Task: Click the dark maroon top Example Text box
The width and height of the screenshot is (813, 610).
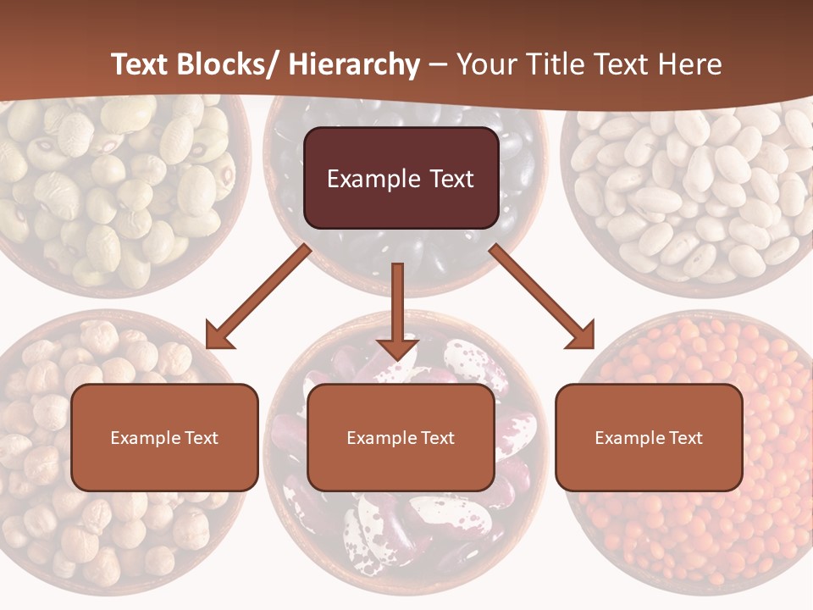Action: coord(401,178)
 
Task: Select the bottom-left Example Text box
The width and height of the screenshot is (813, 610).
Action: coord(164,437)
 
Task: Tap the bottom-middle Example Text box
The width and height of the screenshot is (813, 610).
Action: coord(401,437)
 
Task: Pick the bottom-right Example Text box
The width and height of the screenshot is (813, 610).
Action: coord(649,437)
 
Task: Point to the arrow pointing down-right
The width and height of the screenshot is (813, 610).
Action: coord(542,297)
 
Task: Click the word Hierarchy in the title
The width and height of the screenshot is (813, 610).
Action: coord(353,64)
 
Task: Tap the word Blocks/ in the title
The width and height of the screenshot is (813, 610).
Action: coord(229,64)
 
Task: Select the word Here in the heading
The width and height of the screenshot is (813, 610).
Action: coord(689,64)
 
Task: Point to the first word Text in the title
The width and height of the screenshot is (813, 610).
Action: coord(140,64)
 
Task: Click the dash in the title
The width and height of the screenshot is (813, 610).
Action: coord(438,64)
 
